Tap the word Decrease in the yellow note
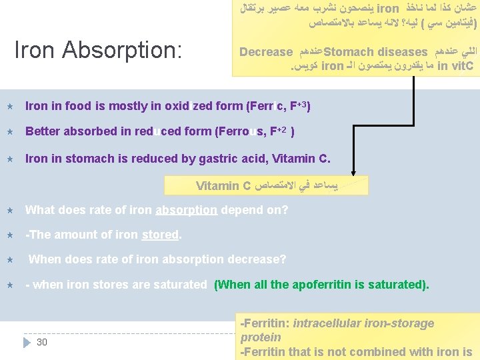[266, 52]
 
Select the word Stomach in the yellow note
[348, 52]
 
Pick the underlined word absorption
[186, 210]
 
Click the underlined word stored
[160, 235]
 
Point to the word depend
[242, 210]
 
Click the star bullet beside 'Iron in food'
[10, 107]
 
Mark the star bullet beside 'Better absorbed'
[10, 132]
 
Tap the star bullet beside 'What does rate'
[10, 211]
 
